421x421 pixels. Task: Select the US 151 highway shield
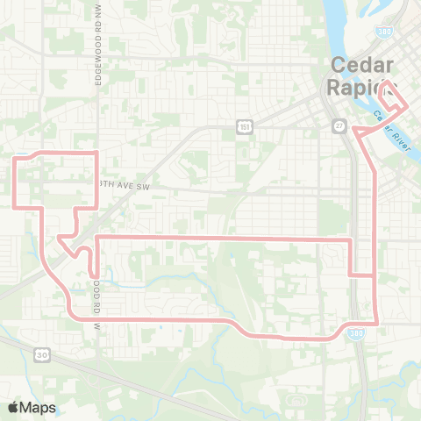point(243,128)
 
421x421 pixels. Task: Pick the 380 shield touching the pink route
point(364,339)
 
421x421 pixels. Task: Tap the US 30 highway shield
point(41,354)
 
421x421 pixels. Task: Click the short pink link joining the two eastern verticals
point(362,275)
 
